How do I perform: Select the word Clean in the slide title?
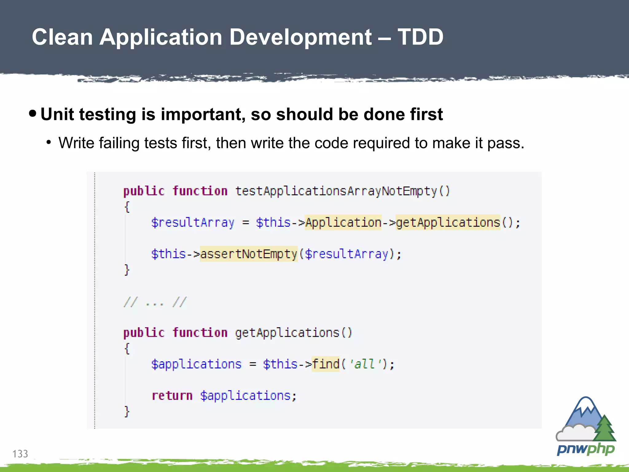tap(62, 37)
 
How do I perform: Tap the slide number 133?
tap(20, 454)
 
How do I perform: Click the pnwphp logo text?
tap(586, 449)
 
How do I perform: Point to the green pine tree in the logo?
tap(604, 429)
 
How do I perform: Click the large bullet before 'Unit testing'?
tap(32, 114)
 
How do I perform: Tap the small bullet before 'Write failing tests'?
tap(49, 142)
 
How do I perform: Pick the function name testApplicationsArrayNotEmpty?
tap(336, 191)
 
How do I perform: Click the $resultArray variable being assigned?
tap(193, 222)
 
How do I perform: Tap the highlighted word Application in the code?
tap(343, 222)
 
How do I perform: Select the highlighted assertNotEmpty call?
tap(248, 254)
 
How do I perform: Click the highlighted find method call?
tap(326, 364)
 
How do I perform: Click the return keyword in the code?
tap(172, 396)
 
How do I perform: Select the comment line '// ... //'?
tap(155, 302)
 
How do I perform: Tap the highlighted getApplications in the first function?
tap(448, 222)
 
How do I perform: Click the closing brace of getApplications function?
tap(127, 411)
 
